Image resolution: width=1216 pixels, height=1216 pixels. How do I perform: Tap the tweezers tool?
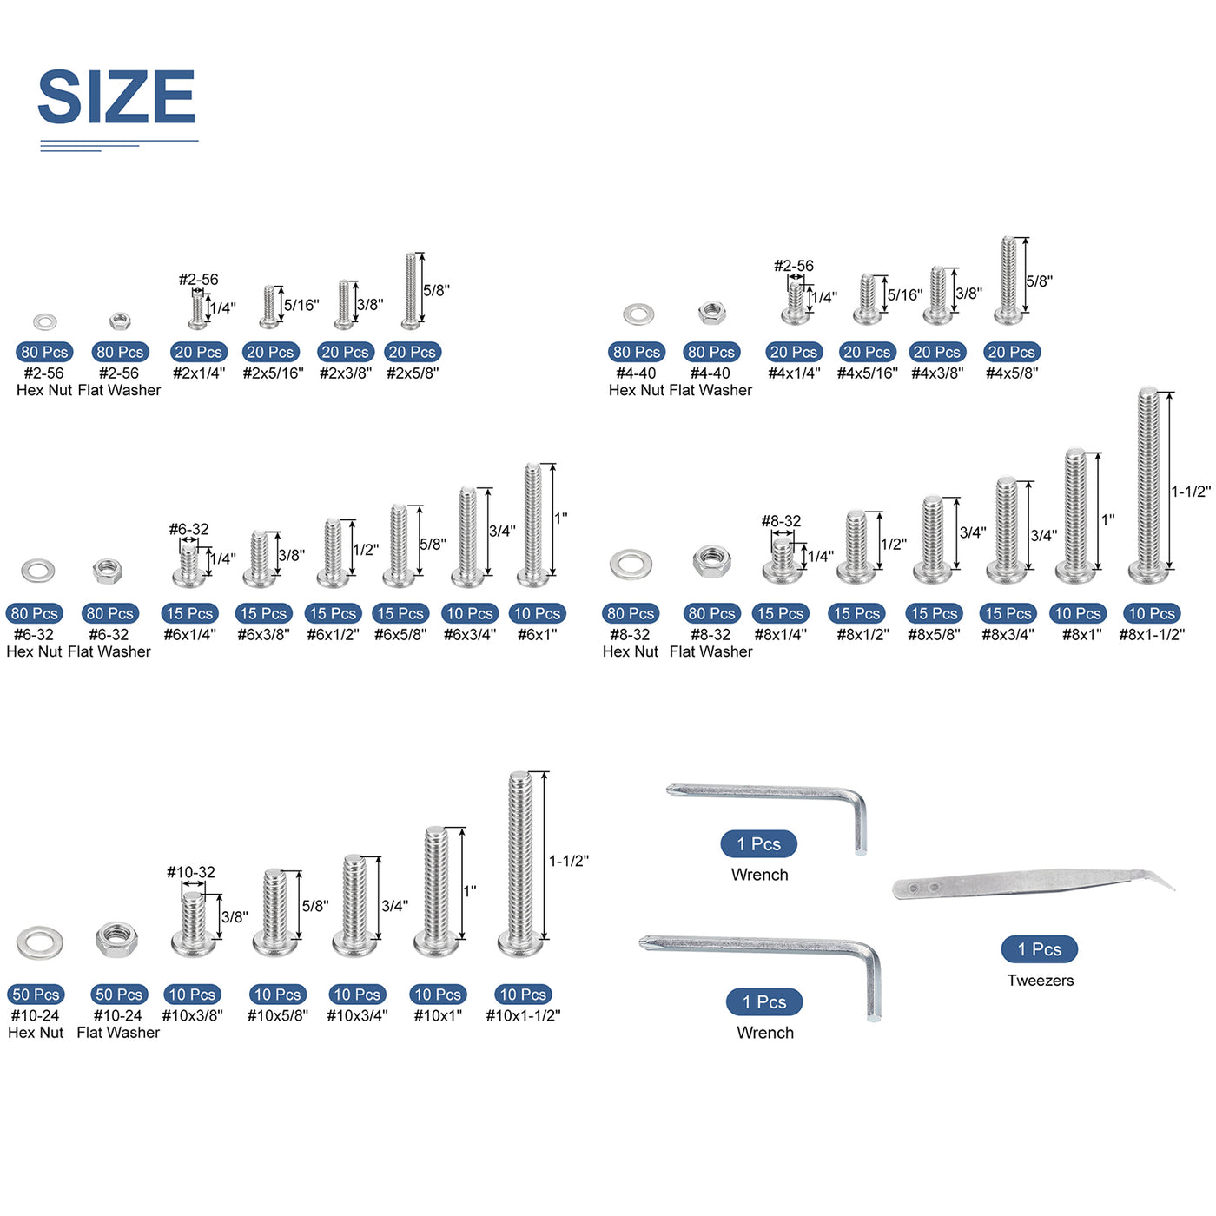1033,884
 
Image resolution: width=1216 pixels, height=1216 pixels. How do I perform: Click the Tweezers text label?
1040,980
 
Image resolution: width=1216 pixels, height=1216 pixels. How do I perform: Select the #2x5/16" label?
273,373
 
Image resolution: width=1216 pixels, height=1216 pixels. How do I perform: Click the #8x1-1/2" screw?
1148,485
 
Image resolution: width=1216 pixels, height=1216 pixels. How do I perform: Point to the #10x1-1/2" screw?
520,864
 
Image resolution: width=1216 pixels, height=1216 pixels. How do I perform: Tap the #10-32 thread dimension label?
190,872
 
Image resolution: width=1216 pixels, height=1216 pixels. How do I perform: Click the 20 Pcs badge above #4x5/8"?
1011,352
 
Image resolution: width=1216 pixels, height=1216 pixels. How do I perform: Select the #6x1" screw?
532,525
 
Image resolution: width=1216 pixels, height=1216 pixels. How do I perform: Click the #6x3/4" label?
470,634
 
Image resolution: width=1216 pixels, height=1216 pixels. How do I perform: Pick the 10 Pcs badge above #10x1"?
437,995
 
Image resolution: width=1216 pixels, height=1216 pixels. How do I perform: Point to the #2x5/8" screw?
410,291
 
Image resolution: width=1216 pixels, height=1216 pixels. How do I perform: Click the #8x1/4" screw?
783,559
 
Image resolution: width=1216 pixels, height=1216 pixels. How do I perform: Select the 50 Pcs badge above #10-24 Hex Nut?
36,995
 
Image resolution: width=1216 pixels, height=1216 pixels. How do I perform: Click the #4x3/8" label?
937,373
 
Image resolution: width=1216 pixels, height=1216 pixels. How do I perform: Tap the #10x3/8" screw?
193,924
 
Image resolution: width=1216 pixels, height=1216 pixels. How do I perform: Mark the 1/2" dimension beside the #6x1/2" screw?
366,549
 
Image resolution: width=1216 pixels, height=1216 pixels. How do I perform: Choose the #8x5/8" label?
934,634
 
